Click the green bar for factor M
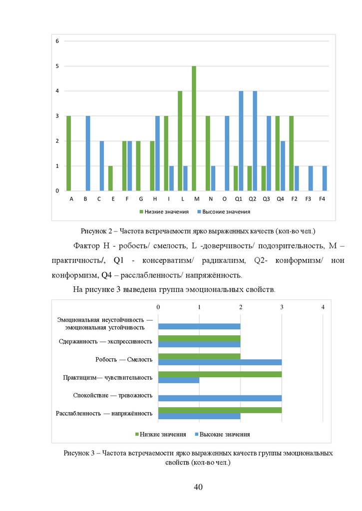pyautogui.click(x=194, y=128)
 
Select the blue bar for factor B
pyautogui.click(x=88, y=153)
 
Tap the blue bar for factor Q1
pyautogui.click(x=241, y=141)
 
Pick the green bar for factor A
pyautogui.click(x=68, y=153)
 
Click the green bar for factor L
pyautogui.click(x=180, y=141)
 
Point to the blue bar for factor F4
pyautogui.click(x=325, y=178)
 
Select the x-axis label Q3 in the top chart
pyautogui.click(x=266, y=199)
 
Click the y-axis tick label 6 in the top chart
pyautogui.click(x=57, y=40)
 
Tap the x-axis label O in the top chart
pyautogui.click(x=225, y=199)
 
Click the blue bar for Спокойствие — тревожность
pyautogui.click(x=220, y=398)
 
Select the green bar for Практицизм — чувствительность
pyautogui.click(x=220, y=374)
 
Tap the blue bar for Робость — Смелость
pyautogui.click(x=220, y=362)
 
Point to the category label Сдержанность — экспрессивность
pyautogui.click(x=105, y=341)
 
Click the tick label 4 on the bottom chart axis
pyautogui.click(x=323, y=307)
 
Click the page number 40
pyautogui.click(x=197, y=487)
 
